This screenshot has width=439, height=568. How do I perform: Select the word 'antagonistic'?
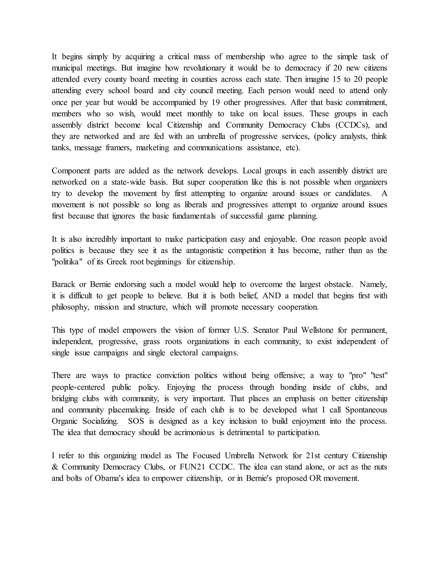205,250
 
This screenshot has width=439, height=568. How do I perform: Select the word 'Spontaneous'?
366,410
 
